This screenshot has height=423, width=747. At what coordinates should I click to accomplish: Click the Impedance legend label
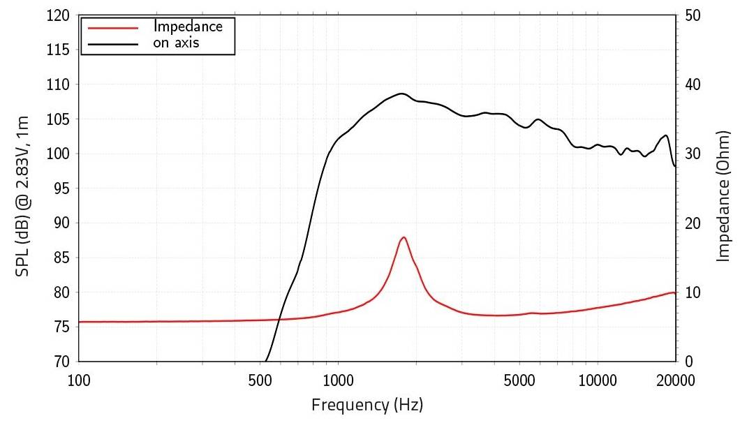(x=188, y=27)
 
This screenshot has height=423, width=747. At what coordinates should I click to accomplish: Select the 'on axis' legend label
(x=177, y=43)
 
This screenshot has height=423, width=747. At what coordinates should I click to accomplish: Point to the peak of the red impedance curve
(x=404, y=237)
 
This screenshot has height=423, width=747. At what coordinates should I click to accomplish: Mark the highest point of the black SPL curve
(x=401, y=94)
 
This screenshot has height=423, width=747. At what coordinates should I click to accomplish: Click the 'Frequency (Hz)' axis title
(x=367, y=404)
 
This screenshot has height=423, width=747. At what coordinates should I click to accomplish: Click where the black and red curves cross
(x=279, y=320)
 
